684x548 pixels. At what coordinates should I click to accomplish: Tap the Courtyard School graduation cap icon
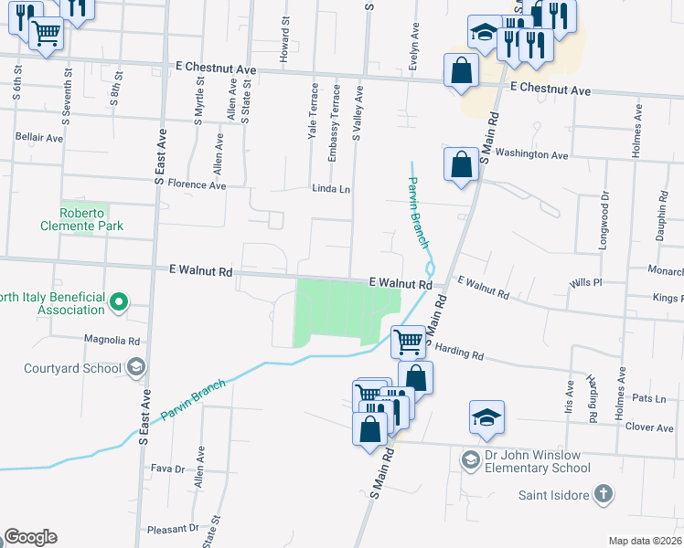pos(135,368)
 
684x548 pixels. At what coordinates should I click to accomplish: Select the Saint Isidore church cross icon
pos(603,494)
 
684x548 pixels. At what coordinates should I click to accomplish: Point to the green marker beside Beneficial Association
pos(118,300)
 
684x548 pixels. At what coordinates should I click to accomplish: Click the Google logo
pos(29,537)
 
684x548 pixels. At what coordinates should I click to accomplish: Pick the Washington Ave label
pos(534,155)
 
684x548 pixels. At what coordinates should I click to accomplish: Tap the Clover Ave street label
pos(650,427)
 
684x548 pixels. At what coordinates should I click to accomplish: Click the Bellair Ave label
pos(39,138)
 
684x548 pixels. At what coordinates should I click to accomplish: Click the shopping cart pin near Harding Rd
pos(408,342)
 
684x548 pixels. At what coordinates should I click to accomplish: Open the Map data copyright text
pos(644,541)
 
